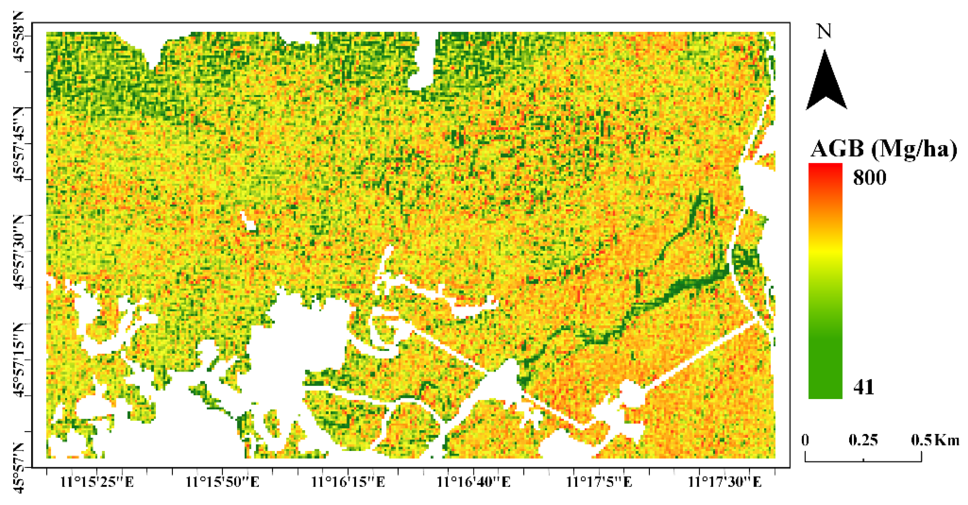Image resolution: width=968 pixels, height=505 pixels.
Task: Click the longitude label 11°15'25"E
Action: tap(97, 482)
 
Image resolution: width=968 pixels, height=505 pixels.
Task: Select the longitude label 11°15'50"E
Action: tap(223, 482)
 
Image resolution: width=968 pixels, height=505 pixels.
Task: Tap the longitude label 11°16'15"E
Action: tap(348, 482)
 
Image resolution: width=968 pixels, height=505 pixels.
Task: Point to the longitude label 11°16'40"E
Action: tap(473, 482)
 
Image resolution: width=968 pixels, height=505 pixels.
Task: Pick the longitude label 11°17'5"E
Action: tap(599, 482)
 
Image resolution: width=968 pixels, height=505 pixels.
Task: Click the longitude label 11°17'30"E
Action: tap(724, 482)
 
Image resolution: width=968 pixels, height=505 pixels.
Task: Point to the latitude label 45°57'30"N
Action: tap(19, 252)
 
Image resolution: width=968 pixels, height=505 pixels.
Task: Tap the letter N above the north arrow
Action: tap(825, 31)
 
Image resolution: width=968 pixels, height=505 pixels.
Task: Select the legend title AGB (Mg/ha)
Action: tap(883, 149)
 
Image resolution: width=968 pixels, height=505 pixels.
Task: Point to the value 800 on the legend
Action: tap(870, 177)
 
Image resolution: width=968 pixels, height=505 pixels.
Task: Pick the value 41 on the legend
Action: tap(864, 387)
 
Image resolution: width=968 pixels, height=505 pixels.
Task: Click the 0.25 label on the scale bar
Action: tap(863, 440)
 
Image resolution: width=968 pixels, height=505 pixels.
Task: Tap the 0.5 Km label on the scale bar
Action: tap(935, 440)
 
